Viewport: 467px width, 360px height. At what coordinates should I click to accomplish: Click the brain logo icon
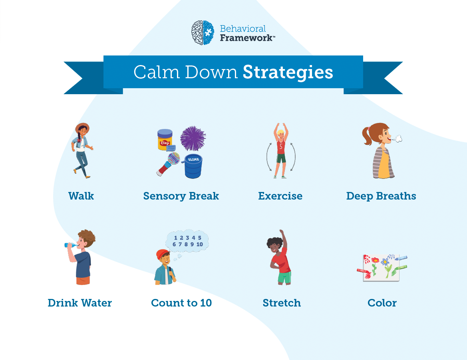[x=203, y=33]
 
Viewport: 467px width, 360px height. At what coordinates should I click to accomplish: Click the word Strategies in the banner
[x=288, y=73]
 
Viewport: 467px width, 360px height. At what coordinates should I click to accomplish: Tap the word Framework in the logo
[x=246, y=38]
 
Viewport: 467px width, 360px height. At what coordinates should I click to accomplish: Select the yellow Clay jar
[x=165, y=140]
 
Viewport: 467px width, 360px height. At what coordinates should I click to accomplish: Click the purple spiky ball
[x=193, y=138]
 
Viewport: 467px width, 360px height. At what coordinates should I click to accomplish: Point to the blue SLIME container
[x=193, y=166]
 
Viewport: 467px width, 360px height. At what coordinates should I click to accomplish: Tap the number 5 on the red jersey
[x=281, y=147]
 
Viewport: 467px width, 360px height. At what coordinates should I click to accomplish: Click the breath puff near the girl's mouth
[x=397, y=138]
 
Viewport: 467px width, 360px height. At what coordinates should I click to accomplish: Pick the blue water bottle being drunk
[x=71, y=245]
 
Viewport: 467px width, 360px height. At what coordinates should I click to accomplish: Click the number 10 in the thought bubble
[x=200, y=244]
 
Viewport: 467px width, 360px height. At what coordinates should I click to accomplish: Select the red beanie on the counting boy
[x=162, y=254]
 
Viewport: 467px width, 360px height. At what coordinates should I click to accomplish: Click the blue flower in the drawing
[x=385, y=262]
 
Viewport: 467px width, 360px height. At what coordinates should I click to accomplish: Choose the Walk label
[x=81, y=196]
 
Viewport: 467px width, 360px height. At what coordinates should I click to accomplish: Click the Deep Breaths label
[x=381, y=196]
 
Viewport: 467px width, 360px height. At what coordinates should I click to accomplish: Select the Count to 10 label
[x=181, y=303]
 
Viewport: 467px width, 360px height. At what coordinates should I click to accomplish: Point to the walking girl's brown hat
[x=82, y=127]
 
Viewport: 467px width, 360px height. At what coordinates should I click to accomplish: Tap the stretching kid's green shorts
[x=285, y=277]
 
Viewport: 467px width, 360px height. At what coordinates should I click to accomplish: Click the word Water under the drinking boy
[x=97, y=303]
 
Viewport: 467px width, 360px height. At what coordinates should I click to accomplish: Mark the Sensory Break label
[x=181, y=196]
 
